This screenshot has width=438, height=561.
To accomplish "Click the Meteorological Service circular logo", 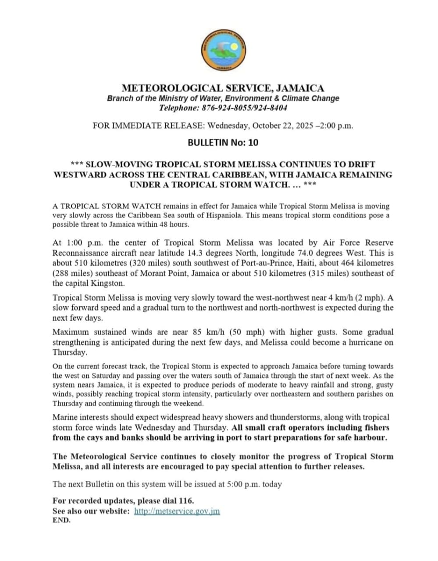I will [223, 51].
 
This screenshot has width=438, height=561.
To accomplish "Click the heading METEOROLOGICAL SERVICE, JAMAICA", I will [223, 88].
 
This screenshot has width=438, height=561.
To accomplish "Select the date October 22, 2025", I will [281, 126].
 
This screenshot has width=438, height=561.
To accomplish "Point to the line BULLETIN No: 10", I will [223, 142].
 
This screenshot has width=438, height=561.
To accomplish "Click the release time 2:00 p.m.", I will [336, 126].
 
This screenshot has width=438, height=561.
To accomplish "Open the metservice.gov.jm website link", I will [177, 511].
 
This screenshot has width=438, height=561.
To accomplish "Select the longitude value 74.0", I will [344, 253].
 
